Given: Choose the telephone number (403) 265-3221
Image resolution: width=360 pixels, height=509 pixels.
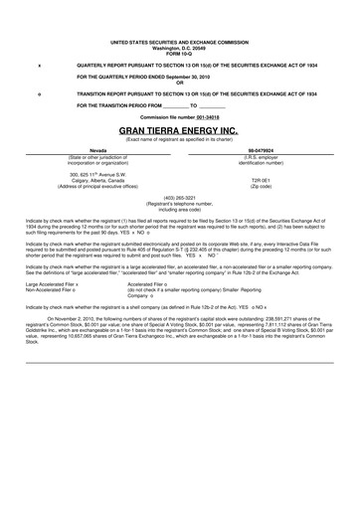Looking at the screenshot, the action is tap(180, 196).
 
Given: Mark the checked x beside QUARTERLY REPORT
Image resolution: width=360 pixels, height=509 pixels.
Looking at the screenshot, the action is tap(38, 64).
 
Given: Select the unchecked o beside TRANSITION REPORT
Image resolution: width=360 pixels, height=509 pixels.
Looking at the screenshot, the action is tap(38, 90).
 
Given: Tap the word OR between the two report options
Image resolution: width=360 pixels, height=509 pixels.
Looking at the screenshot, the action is tap(180, 82).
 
